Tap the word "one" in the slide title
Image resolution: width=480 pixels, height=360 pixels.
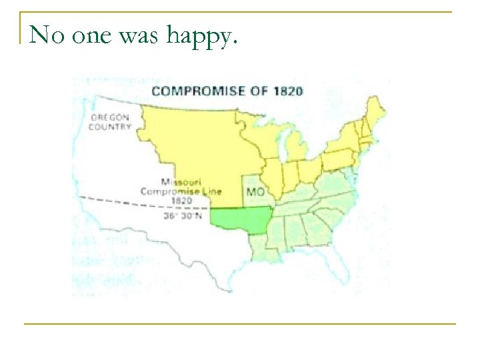91,34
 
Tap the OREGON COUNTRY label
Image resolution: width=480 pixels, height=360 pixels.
111,122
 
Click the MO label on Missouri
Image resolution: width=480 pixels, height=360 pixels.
255,191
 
